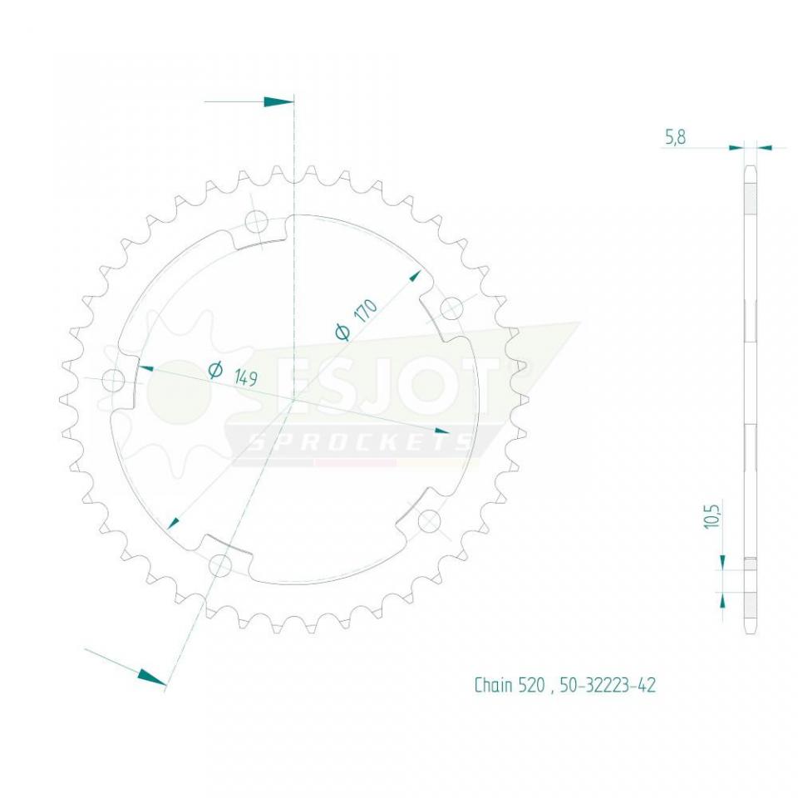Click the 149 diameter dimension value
click(x=244, y=379)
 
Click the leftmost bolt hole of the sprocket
click(x=112, y=381)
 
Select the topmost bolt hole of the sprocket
click(x=256, y=222)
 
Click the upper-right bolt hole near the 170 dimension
click(x=451, y=308)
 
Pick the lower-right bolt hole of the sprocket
click(x=428, y=522)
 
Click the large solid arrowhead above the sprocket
click(x=278, y=101)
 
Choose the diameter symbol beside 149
click(x=215, y=370)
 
